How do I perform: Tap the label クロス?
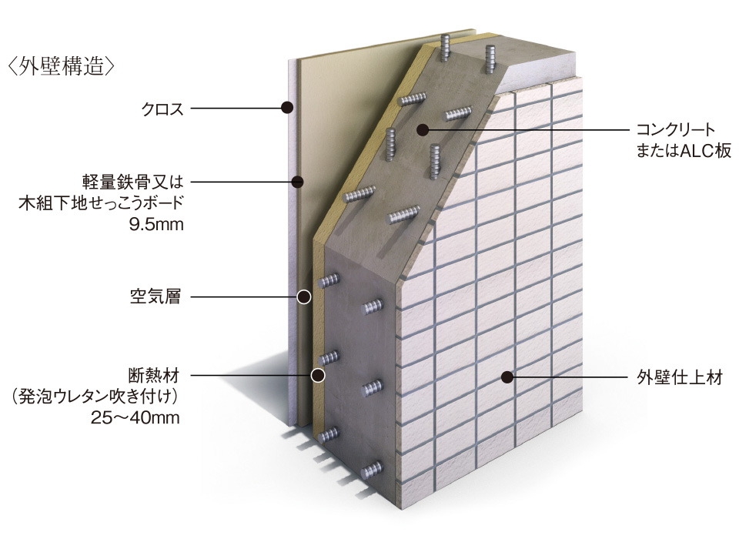point(162,109)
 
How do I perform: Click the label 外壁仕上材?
point(680,378)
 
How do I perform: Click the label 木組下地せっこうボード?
point(102,204)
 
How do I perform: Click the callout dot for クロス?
point(287,109)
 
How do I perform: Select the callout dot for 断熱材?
point(317,376)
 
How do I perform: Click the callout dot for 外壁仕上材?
point(507,377)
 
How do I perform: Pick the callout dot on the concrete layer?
point(421,130)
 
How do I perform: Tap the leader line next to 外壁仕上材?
point(570,377)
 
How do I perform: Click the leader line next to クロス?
point(235,109)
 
